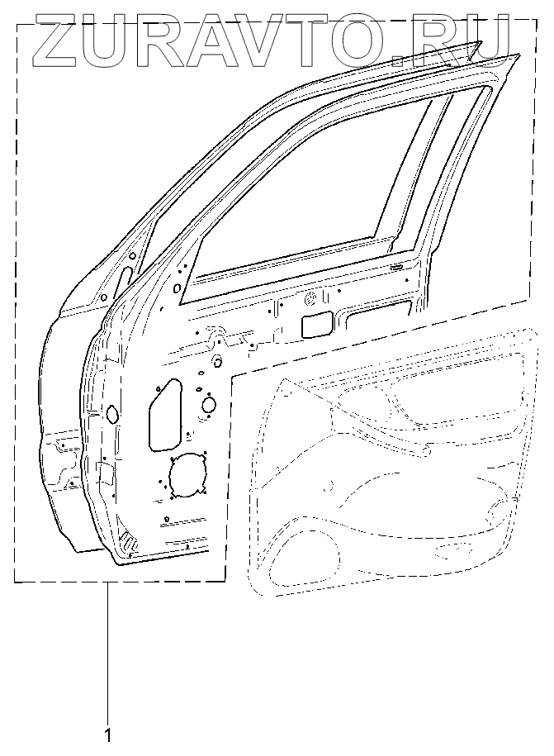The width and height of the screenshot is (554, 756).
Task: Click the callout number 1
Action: [x=108, y=733]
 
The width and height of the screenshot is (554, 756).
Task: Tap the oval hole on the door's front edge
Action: [x=111, y=413]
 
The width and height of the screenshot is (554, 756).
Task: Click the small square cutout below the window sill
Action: [x=317, y=325]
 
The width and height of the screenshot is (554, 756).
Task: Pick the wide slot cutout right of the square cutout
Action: [x=379, y=311]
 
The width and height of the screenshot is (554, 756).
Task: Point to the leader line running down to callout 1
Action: [x=108, y=653]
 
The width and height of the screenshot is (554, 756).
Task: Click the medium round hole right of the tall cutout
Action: [x=209, y=404]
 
